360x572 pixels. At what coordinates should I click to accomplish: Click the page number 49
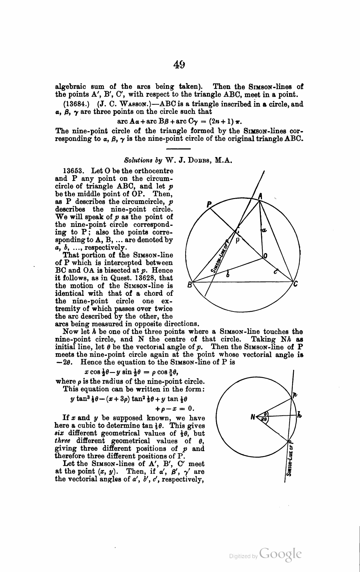pyautogui.click(x=179, y=64)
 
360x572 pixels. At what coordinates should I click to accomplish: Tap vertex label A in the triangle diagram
pyautogui.click(x=260, y=197)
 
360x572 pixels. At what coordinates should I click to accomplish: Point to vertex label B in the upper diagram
pyautogui.click(x=189, y=285)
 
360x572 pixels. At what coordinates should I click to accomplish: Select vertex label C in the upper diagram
pyautogui.click(x=296, y=284)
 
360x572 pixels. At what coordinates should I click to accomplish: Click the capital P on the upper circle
pyautogui.click(x=209, y=204)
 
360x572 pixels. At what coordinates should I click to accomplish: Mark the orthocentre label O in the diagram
pyautogui.click(x=265, y=257)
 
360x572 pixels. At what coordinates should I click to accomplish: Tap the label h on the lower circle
pyautogui.click(x=299, y=416)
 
